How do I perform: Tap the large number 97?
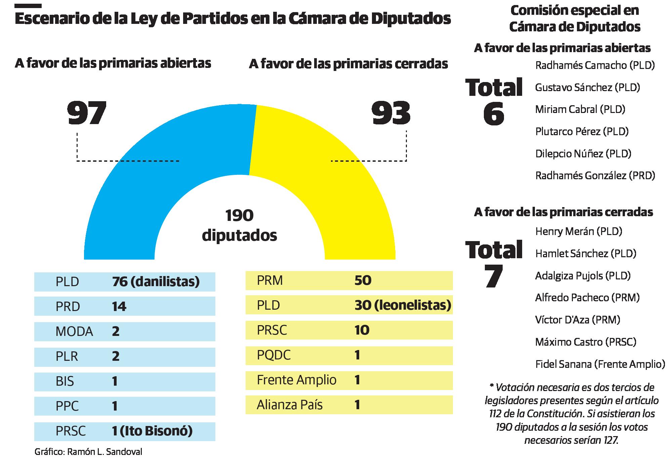click(87, 113)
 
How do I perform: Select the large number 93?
click(391, 113)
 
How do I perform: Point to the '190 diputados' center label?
click(239, 225)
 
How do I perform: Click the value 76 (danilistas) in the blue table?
click(156, 281)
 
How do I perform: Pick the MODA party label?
click(74, 332)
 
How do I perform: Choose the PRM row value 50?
click(363, 280)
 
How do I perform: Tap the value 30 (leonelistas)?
click(403, 305)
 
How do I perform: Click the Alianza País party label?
click(290, 405)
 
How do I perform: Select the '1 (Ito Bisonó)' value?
click(152, 431)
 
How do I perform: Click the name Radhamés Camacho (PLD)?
click(595, 65)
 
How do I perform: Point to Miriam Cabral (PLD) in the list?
click(580, 109)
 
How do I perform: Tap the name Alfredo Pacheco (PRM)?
click(587, 298)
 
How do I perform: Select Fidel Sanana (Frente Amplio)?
click(600, 364)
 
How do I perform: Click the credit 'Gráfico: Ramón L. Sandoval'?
click(88, 452)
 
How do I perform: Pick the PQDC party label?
click(274, 355)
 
